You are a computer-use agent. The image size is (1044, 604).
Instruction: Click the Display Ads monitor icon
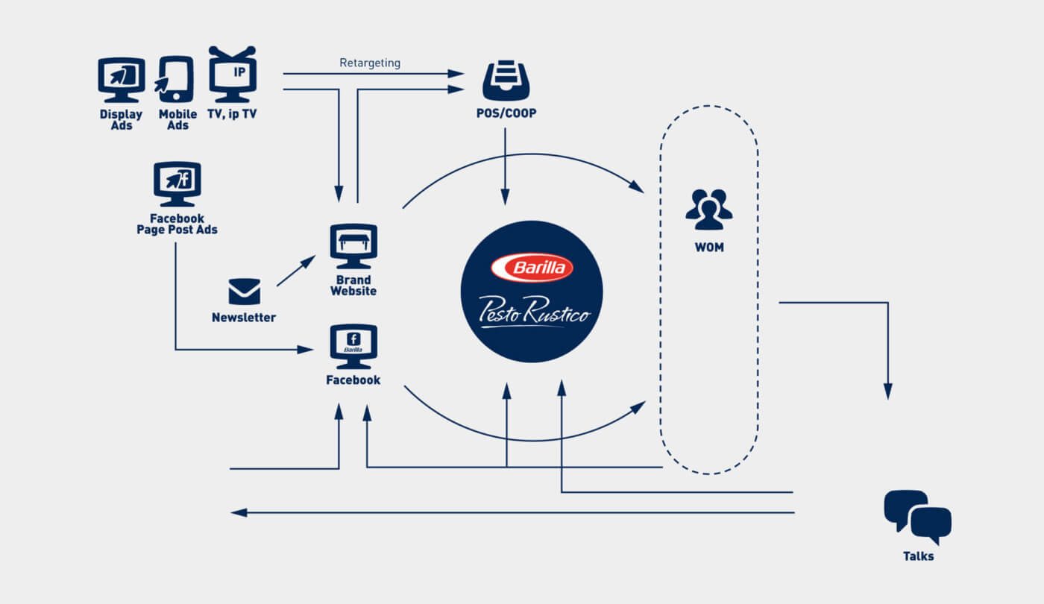[122, 79]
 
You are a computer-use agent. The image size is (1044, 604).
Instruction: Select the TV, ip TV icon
[232, 75]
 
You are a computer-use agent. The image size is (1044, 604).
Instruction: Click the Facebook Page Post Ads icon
[177, 183]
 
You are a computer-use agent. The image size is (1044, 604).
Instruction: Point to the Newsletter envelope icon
[244, 292]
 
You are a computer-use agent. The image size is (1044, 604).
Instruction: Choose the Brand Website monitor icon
[353, 245]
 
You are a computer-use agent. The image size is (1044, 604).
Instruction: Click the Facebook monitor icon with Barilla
[353, 345]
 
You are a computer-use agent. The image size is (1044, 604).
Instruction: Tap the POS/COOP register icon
[506, 81]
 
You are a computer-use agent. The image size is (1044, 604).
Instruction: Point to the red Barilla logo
[532, 268]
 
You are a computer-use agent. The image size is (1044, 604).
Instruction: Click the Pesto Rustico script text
[534, 310]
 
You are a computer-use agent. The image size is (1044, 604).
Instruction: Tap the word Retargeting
[370, 63]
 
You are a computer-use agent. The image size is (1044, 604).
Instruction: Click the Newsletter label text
[244, 318]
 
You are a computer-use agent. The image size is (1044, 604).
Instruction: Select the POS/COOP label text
[506, 114]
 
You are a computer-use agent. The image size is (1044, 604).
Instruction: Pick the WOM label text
[708, 248]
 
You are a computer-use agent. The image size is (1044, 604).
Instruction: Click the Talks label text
[918, 556]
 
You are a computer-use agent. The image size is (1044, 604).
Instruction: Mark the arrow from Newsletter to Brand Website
[295, 271]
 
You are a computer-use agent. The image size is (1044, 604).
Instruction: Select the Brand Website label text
[353, 286]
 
